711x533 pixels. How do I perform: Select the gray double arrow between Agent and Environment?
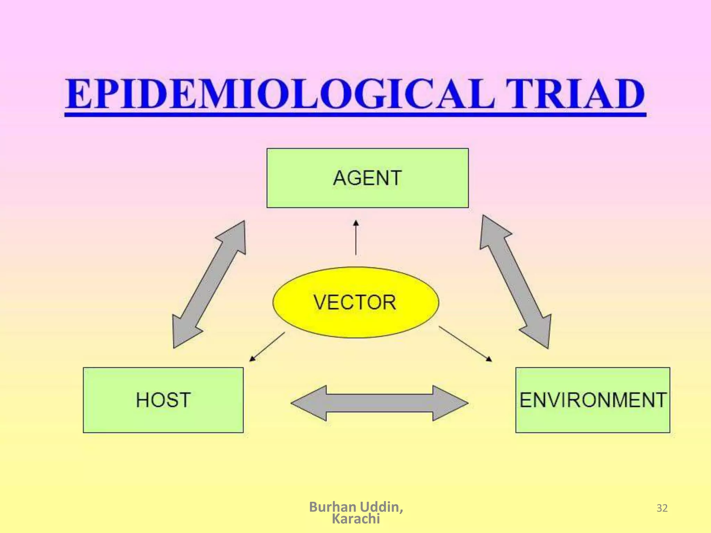click(516, 281)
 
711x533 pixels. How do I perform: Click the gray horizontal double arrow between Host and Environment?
click(379, 403)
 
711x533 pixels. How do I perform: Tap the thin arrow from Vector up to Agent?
click(356, 238)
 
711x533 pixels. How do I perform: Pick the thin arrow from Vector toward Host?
click(267, 347)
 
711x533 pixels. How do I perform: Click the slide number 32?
click(662, 508)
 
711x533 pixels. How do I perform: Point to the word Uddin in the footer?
click(381, 507)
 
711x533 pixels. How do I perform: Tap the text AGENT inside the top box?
click(367, 178)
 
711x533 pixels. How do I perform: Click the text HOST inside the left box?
click(163, 400)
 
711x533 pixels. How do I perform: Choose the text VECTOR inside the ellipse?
click(355, 302)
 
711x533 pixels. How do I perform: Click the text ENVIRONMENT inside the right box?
click(593, 400)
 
